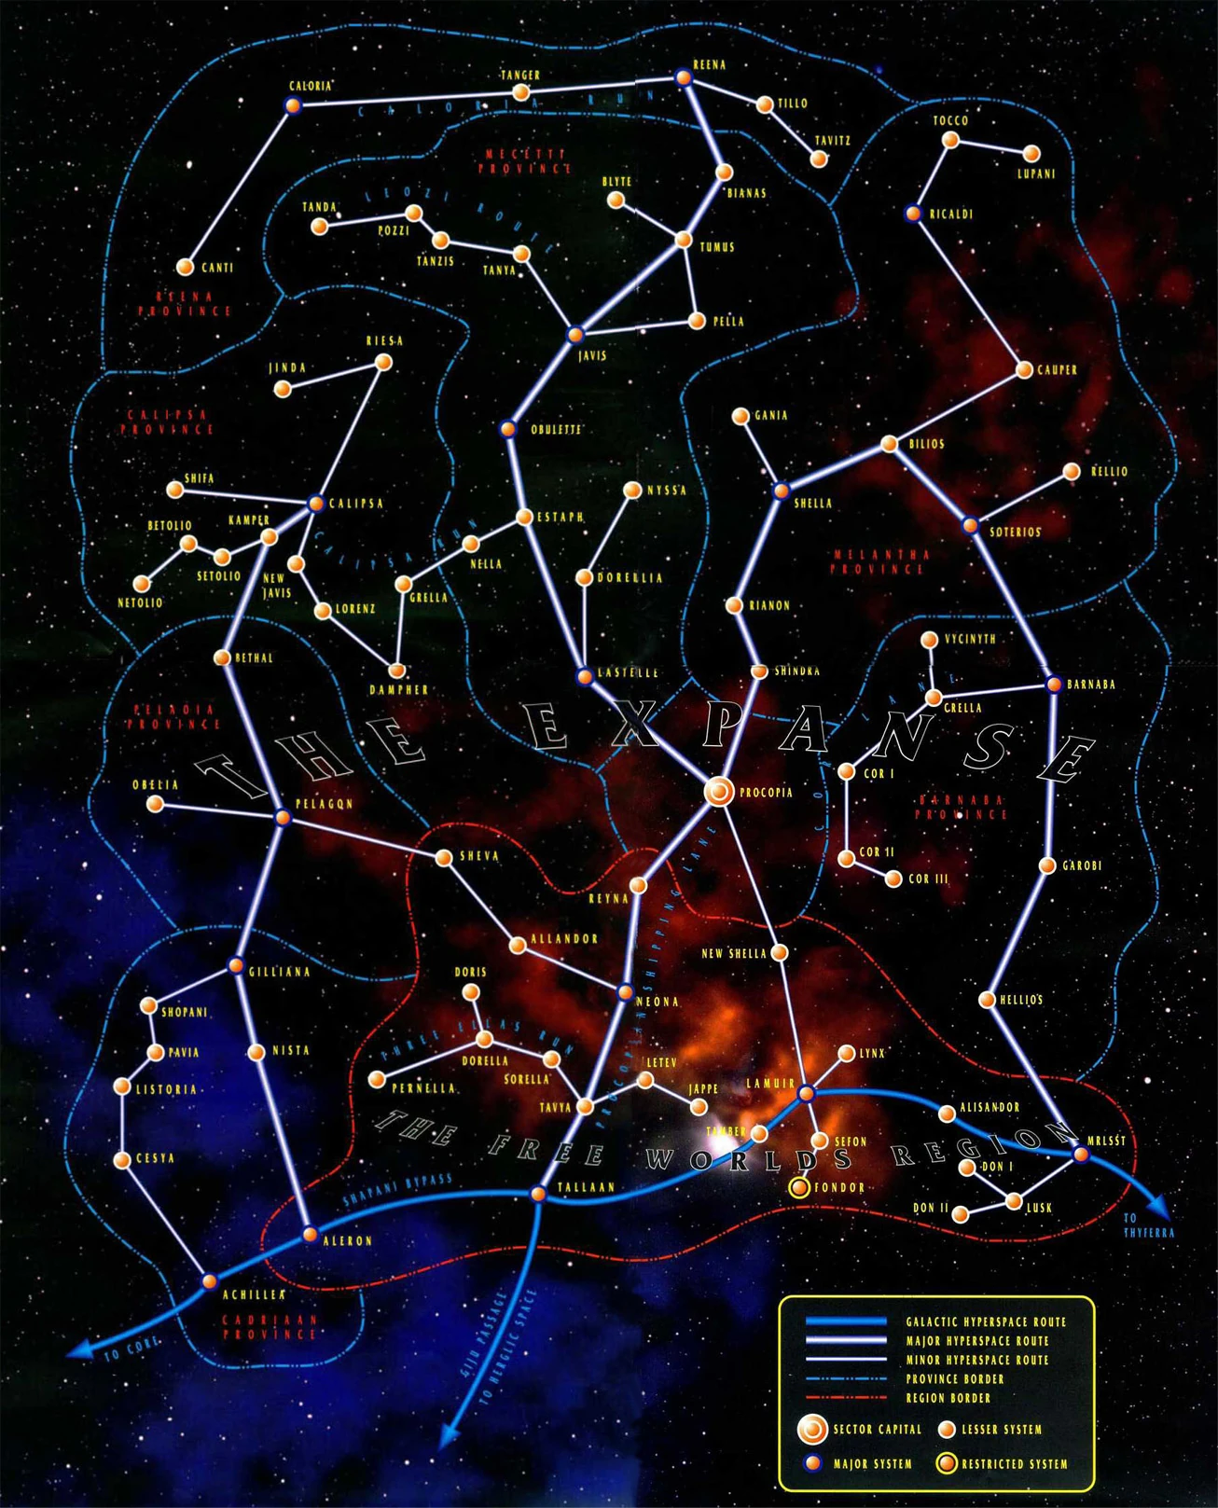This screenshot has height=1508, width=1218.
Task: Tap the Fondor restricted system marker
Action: click(799, 1187)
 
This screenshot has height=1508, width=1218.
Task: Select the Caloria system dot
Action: click(292, 105)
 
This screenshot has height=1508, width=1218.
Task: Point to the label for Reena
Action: click(710, 65)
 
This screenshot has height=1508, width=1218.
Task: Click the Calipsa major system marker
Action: click(315, 504)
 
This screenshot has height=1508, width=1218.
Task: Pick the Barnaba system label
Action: click(1091, 685)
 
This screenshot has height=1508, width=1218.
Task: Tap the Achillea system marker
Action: click(210, 1280)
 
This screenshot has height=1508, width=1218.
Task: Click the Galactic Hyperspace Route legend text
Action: click(986, 1321)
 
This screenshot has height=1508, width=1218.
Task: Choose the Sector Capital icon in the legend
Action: click(812, 1429)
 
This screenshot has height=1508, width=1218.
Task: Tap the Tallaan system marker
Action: click(537, 1194)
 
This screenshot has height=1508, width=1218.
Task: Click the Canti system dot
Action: click(186, 268)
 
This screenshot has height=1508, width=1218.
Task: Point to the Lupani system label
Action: click(1036, 173)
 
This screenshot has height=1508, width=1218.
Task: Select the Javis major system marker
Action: click(574, 335)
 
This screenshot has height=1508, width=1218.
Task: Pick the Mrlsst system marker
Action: click(1081, 1155)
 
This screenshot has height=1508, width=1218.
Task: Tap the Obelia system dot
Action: click(156, 804)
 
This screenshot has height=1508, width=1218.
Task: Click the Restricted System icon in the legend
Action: click(948, 1463)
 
